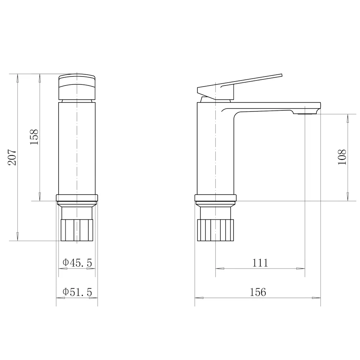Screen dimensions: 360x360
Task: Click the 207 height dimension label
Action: (12, 157)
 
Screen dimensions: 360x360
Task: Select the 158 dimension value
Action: (34, 137)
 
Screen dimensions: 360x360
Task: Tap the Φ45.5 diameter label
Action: (77, 262)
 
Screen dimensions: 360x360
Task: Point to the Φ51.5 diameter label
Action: (77, 292)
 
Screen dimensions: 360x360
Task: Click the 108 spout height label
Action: (342, 157)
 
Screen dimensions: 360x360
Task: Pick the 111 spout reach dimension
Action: (260, 263)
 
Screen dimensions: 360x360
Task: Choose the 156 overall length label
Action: (258, 292)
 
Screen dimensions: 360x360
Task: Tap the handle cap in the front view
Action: (77, 87)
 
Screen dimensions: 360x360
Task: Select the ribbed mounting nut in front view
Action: (77, 230)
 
